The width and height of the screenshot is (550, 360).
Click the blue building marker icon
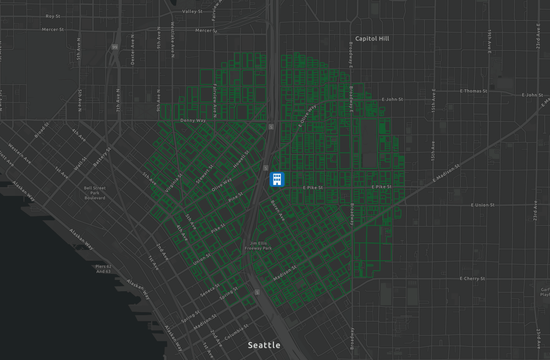click(277, 179)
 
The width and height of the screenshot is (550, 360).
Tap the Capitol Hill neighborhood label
click(372, 39)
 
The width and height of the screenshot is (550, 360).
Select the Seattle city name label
click(264, 345)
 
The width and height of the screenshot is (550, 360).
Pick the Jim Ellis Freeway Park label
click(258, 245)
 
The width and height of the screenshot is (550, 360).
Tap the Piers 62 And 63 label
click(103, 269)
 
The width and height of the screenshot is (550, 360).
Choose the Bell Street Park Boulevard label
click(95, 193)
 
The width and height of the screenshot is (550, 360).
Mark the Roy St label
click(53, 16)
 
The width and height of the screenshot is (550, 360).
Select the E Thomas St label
click(474, 91)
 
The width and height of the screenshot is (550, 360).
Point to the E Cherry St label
click(472, 278)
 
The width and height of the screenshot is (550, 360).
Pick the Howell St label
click(241, 158)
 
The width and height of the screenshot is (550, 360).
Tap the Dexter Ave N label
click(132, 49)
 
